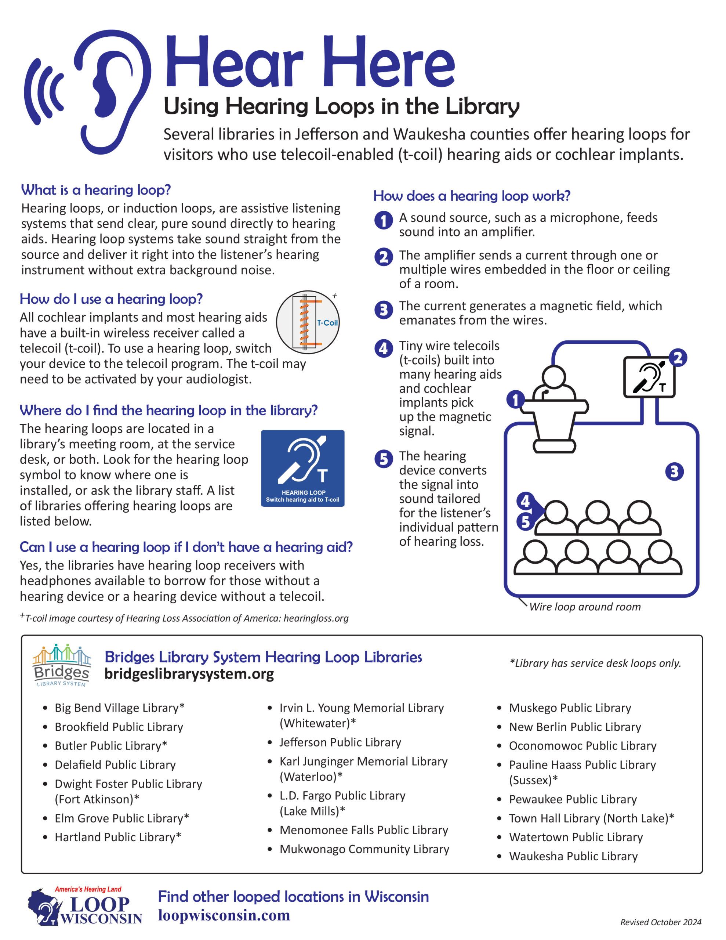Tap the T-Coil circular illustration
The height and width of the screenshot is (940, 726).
click(307, 322)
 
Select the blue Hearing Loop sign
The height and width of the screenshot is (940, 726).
click(302, 468)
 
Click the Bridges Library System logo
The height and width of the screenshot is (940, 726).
click(62, 665)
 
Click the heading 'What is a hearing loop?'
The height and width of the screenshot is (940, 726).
click(96, 190)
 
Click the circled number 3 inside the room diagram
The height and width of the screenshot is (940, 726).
click(674, 471)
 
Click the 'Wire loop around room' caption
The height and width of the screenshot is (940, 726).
click(584, 607)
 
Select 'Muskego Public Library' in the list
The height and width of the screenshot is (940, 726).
click(570, 708)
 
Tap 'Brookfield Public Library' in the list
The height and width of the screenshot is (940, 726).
click(119, 727)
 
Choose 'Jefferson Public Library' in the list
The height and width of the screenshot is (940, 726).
click(340, 742)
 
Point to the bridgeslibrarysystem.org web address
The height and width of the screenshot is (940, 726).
click(189, 675)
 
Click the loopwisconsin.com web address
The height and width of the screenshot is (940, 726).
click(224, 915)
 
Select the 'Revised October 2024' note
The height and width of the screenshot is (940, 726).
click(661, 922)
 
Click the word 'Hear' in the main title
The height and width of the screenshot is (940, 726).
click(235, 62)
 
